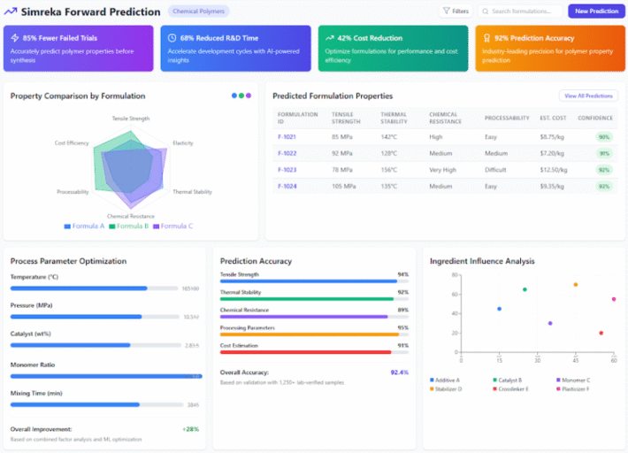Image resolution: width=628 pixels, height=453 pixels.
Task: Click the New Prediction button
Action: point(596,12)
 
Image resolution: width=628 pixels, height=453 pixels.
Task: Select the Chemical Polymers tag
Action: point(198,12)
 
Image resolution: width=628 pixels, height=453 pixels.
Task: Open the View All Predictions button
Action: point(587,96)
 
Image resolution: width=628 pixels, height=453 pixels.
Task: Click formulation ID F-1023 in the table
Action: point(287,169)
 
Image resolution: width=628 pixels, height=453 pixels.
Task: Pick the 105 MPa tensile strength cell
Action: point(343,186)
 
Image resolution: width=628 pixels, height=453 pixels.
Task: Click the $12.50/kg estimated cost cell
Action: point(553,169)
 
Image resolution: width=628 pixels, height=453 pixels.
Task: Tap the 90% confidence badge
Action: point(603,137)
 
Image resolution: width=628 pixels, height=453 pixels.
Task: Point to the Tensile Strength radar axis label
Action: point(131,118)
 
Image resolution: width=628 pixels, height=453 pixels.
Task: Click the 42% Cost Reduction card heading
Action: point(369,38)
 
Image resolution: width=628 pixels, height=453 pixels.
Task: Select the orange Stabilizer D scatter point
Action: point(575,285)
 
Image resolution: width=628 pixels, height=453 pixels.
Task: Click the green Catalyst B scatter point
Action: point(525,289)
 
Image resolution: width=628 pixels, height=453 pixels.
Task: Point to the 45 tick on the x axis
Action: point(575,361)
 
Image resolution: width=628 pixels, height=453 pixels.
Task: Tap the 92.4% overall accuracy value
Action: point(399,372)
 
